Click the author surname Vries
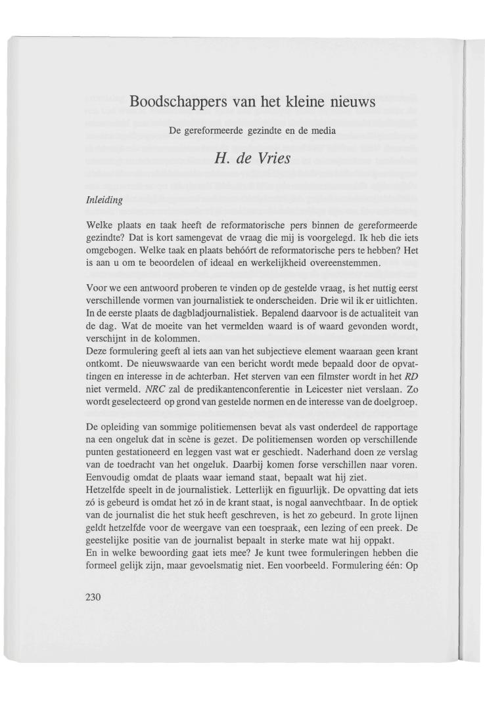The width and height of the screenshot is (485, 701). click(x=269, y=158)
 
